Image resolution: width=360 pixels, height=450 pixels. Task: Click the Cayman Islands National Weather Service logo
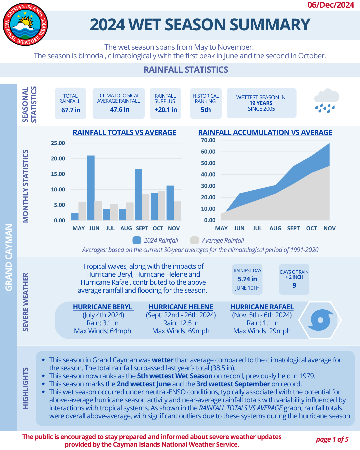(x=25, y=24)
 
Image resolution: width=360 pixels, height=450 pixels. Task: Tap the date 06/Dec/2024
(x=330, y=5)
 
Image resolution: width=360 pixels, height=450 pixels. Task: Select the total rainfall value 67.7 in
(x=71, y=110)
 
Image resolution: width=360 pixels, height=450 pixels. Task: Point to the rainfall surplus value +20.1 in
(x=166, y=110)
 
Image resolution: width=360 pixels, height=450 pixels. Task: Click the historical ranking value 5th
(x=206, y=110)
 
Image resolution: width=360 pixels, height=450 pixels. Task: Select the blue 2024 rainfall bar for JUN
(x=91, y=188)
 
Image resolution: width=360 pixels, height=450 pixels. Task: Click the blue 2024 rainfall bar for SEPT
(x=138, y=195)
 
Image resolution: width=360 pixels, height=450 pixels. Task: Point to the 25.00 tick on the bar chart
(x=58, y=143)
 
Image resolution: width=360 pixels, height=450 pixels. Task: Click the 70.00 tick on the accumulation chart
(x=208, y=140)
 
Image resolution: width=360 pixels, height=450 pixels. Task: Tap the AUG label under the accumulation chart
(x=275, y=228)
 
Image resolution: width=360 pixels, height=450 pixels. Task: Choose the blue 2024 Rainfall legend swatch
(x=137, y=240)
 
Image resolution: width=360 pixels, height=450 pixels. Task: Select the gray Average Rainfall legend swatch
(x=195, y=240)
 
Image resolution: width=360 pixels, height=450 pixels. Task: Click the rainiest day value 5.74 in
(x=247, y=279)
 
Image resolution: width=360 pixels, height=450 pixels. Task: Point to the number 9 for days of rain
(x=294, y=285)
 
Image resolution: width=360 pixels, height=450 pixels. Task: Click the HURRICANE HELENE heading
(x=181, y=307)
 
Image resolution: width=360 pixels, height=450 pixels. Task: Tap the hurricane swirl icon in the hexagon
(x=320, y=320)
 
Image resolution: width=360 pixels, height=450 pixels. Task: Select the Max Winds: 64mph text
(x=103, y=331)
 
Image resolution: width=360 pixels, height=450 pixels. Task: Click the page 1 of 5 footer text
(x=332, y=439)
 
